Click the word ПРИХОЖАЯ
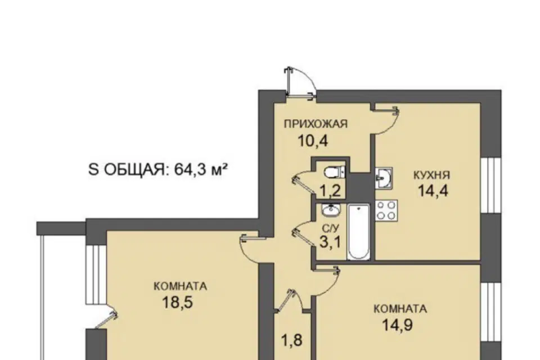pyautogui.click(x=316, y=124)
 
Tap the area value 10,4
pyautogui.click(x=313, y=141)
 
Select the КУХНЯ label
pyautogui.click(x=431, y=175)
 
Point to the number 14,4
pyautogui.click(x=433, y=191)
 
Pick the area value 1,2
pyautogui.click(x=330, y=191)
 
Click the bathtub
pyautogui.click(x=358, y=232)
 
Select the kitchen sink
pyautogui.click(x=384, y=177)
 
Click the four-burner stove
pyautogui.click(x=386, y=210)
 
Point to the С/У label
pyautogui.click(x=331, y=228)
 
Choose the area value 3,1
pyautogui.click(x=330, y=242)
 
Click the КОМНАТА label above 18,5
pyautogui.click(x=180, y=286)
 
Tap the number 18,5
pyautogui.click(x=177, y=303)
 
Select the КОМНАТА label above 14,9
pyautogui.click(x=400, y=309)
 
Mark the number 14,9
pyautogui.click(x=398, y=325)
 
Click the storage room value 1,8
pyautogui.click(x=292, y=340)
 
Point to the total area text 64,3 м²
pyautogui.click(x=201, y=169)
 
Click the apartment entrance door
pyautogui.click(x=300, y=83)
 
